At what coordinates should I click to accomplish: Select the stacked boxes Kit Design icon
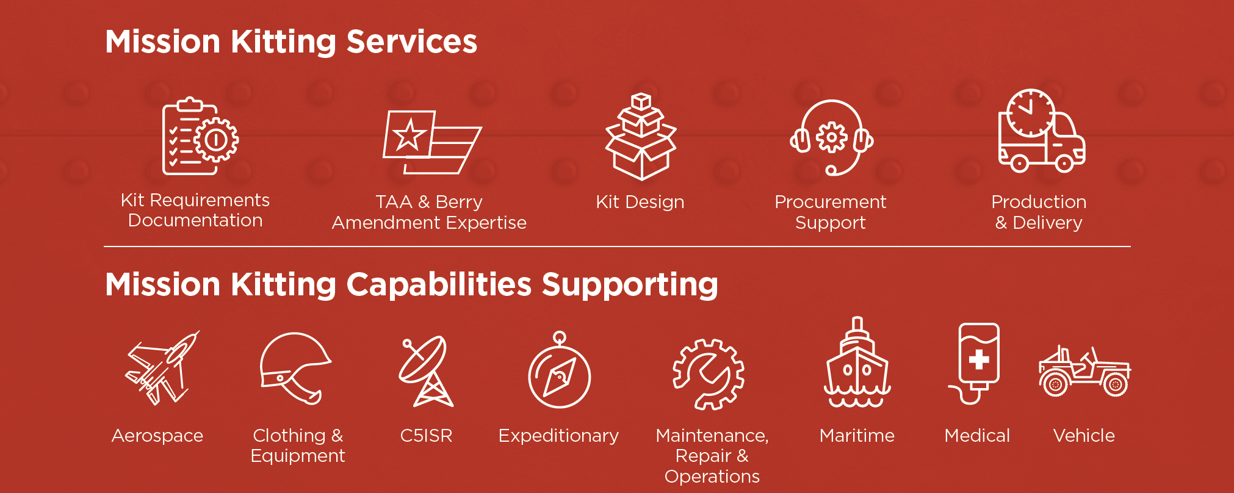point(640,137)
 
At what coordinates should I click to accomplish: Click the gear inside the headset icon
point(832,137)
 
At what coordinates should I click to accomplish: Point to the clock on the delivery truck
point(1031,113)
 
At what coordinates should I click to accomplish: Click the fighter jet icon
point(162,368)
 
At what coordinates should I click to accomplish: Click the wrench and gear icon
point(709,373)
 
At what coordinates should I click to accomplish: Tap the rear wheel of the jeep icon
point(1055,384)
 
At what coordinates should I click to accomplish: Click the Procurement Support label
point(830,212)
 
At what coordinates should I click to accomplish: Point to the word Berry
point(459,202)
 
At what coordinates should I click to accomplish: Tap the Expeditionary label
point(558,436)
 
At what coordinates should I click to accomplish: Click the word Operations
point(712,477)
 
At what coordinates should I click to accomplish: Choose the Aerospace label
point(157,436)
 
